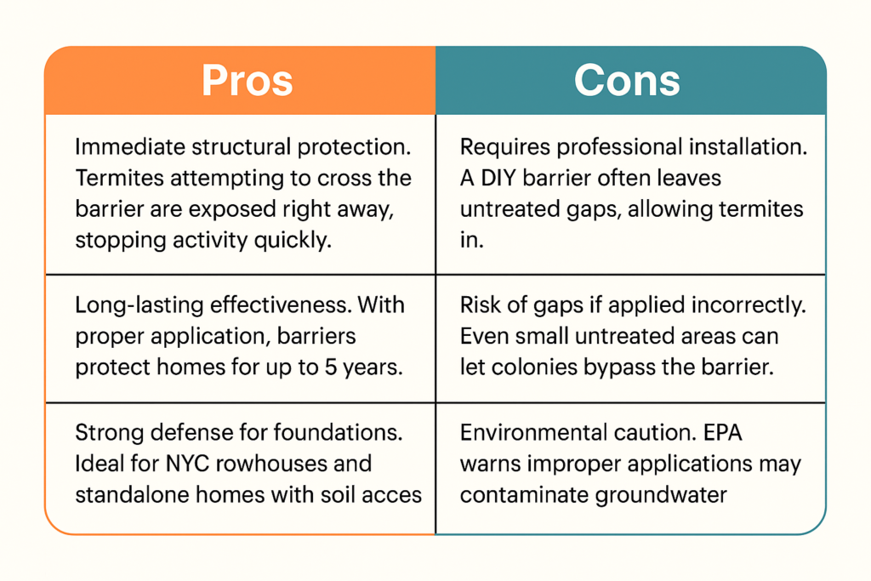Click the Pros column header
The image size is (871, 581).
(x=248, y=81)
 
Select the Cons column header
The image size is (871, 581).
(x=627, y=81)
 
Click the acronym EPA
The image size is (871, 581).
(x=723, y=433)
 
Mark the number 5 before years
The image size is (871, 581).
(x=331, y=367)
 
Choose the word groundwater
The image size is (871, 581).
(x=660, y=496)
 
